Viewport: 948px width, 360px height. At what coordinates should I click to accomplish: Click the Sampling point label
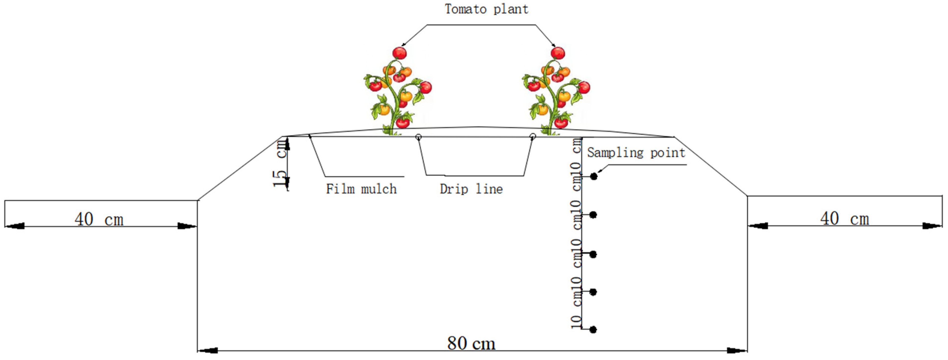point(636,152)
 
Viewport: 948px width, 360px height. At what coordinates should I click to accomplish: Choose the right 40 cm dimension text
point(844,219)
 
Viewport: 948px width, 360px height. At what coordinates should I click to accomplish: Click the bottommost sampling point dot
point(593,330)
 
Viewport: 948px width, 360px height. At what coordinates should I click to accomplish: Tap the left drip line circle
point(419,137)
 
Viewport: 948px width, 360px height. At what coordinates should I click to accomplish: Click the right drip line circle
point(532,137)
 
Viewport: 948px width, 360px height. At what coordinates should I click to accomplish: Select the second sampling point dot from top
point(593,215)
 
